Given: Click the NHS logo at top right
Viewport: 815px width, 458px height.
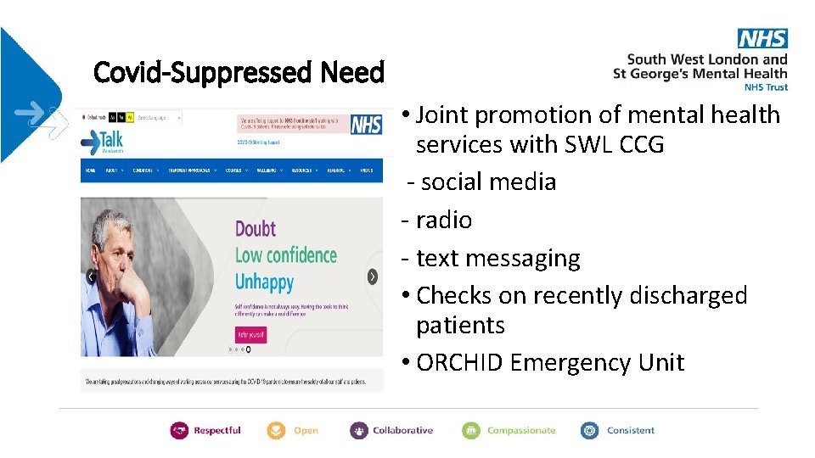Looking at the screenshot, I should point(762,38).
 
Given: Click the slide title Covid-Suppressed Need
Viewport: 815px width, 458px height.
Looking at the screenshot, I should point(239,73).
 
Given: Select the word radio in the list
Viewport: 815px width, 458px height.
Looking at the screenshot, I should point(443,221).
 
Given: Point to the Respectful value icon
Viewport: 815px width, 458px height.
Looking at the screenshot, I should point(179,431).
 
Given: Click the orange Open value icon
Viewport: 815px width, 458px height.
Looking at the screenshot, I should point(277,431).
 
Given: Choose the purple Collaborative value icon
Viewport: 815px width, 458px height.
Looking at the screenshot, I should point(359,431).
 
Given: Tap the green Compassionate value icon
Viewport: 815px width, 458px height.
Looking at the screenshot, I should point(471,431).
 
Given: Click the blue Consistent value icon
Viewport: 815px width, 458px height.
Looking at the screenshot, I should point(589,431).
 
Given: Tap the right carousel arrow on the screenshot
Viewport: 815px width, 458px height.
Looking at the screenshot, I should point(372,276).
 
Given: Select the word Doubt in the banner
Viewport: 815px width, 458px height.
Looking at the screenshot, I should point(256,229).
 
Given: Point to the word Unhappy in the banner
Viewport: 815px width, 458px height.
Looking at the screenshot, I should point(264,282).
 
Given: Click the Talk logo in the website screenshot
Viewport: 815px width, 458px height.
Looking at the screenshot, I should point(106,142).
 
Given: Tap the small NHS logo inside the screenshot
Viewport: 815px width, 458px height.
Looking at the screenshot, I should point(365,126).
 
